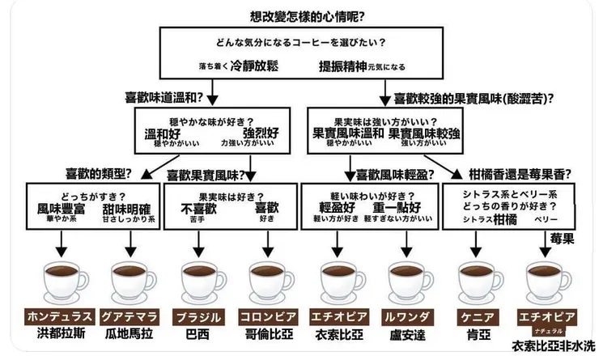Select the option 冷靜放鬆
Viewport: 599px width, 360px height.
254,66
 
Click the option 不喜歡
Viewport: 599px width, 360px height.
198,208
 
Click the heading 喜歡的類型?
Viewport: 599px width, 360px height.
99,172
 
